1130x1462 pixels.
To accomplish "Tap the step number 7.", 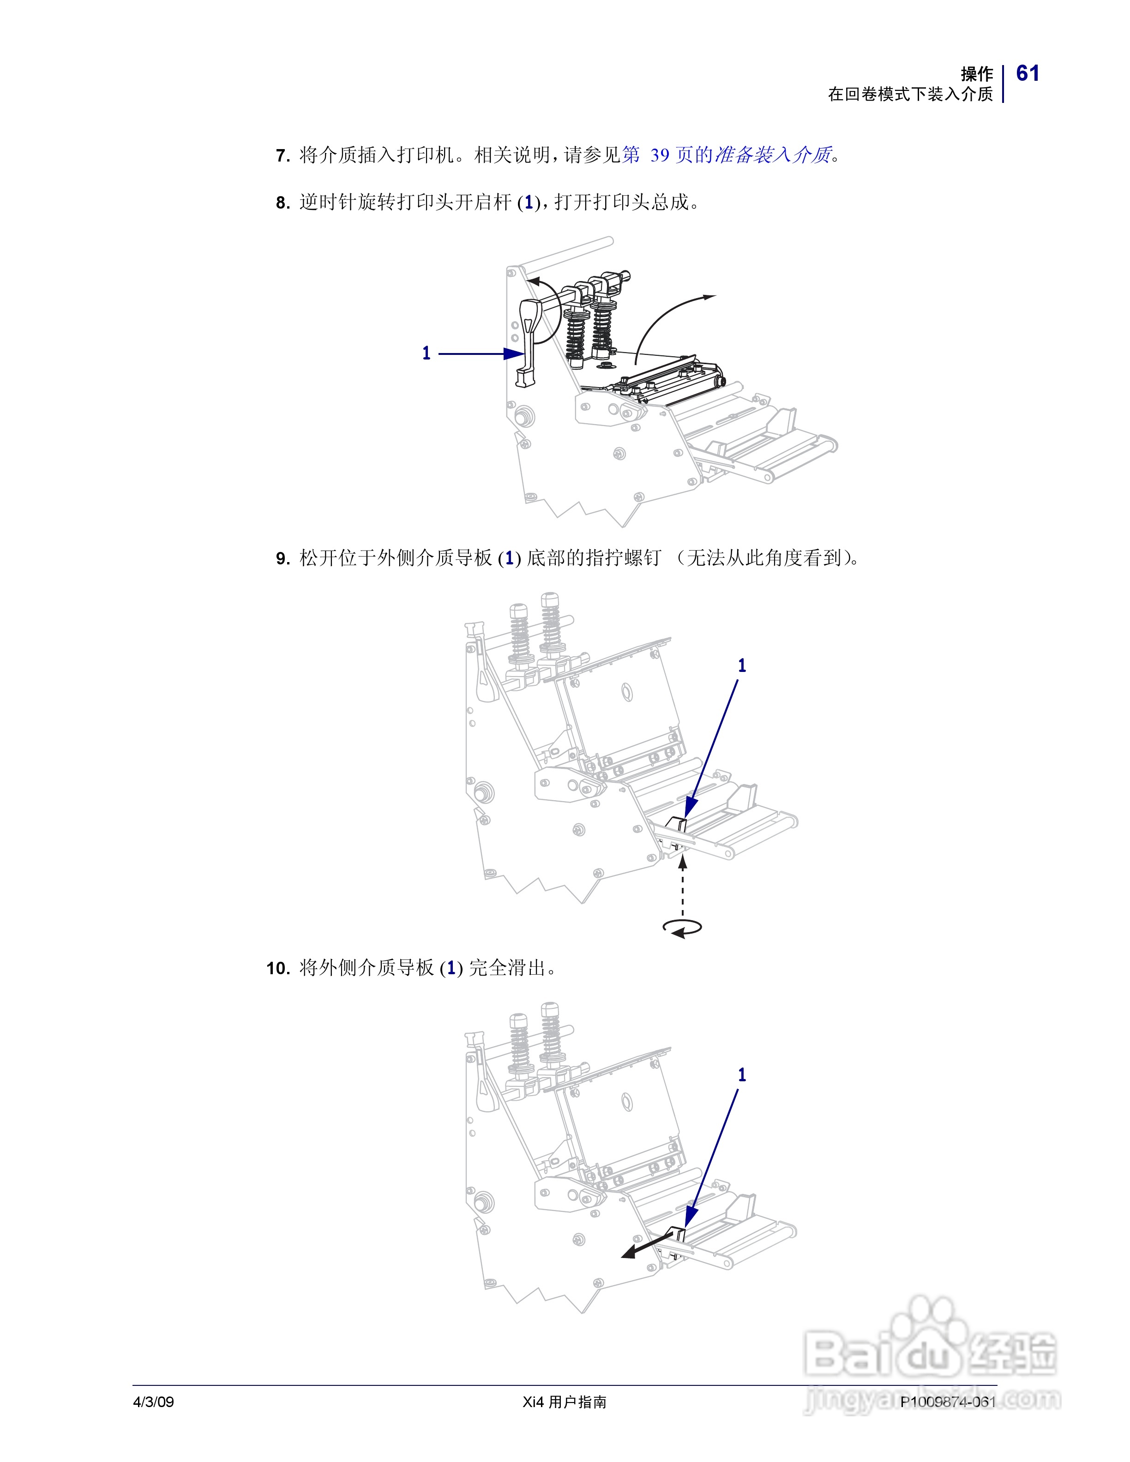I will (x=282, y=156).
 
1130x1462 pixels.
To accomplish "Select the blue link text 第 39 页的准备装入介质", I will (x=727, y=156).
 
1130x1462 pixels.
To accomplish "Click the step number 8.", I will (x=282, y=203).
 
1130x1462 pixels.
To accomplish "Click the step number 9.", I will (x=282, y=558).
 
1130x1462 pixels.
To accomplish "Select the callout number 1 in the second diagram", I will (x=742, y=665).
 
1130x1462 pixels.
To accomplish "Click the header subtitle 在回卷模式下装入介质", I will (x=910, y=95).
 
